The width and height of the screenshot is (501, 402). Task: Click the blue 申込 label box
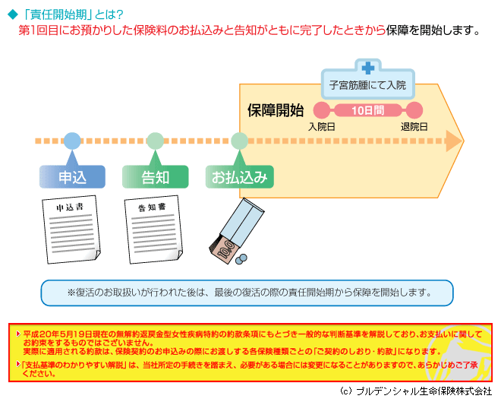[x=72, y=176]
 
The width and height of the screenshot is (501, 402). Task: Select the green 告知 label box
[x=156, y=176]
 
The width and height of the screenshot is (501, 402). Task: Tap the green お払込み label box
[x=239, y=176]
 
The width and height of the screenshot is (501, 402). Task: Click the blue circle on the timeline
[x=72, y=141]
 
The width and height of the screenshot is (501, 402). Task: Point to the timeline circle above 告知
[x=156, y=141]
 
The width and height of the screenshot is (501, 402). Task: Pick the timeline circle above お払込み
[x=239, y=141]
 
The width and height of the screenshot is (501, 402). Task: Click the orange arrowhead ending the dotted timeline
[x=454, y=141]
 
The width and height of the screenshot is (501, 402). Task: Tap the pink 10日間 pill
[x=367, y=110]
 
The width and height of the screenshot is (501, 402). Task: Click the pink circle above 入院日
[x=321, y=110]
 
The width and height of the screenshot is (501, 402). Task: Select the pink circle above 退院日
[x=414, y=110]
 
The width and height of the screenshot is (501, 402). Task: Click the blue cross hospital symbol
[x=368, y=68]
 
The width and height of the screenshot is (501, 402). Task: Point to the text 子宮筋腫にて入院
[x=367, y=85]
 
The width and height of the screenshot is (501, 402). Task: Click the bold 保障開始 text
[x=276, y=110]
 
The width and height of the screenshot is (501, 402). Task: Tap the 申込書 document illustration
[x=71, y=229]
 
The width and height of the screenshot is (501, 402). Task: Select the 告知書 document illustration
[x=153, y=229]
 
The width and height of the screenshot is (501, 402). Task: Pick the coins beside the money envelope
[x=241, y=259]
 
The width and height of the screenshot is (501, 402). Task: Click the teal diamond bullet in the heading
[x=12, y=14]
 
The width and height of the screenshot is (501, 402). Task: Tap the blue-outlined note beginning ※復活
[x=247, y=293]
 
